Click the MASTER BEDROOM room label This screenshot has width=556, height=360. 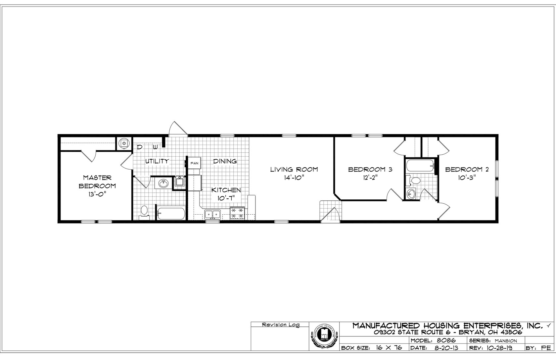(x=97, y=182)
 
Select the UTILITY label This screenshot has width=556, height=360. (x=157, y=161)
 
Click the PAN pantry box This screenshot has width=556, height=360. (x=194, y=163)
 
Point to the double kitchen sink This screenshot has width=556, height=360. (x=213, y=214)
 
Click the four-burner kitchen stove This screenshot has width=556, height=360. (x=237, y=213)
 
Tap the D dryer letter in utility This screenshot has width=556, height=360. (x=140, y=147)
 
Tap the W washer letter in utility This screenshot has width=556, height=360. (x=155, y=147)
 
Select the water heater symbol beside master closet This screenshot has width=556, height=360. (x=124, y=143)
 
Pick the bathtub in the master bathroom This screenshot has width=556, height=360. (x=171, y=213)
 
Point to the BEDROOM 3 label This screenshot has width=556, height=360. (x=370, y=170)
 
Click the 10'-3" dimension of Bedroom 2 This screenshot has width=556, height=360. (x=467, y=178)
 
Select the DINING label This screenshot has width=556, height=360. (x=225, y=161)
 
